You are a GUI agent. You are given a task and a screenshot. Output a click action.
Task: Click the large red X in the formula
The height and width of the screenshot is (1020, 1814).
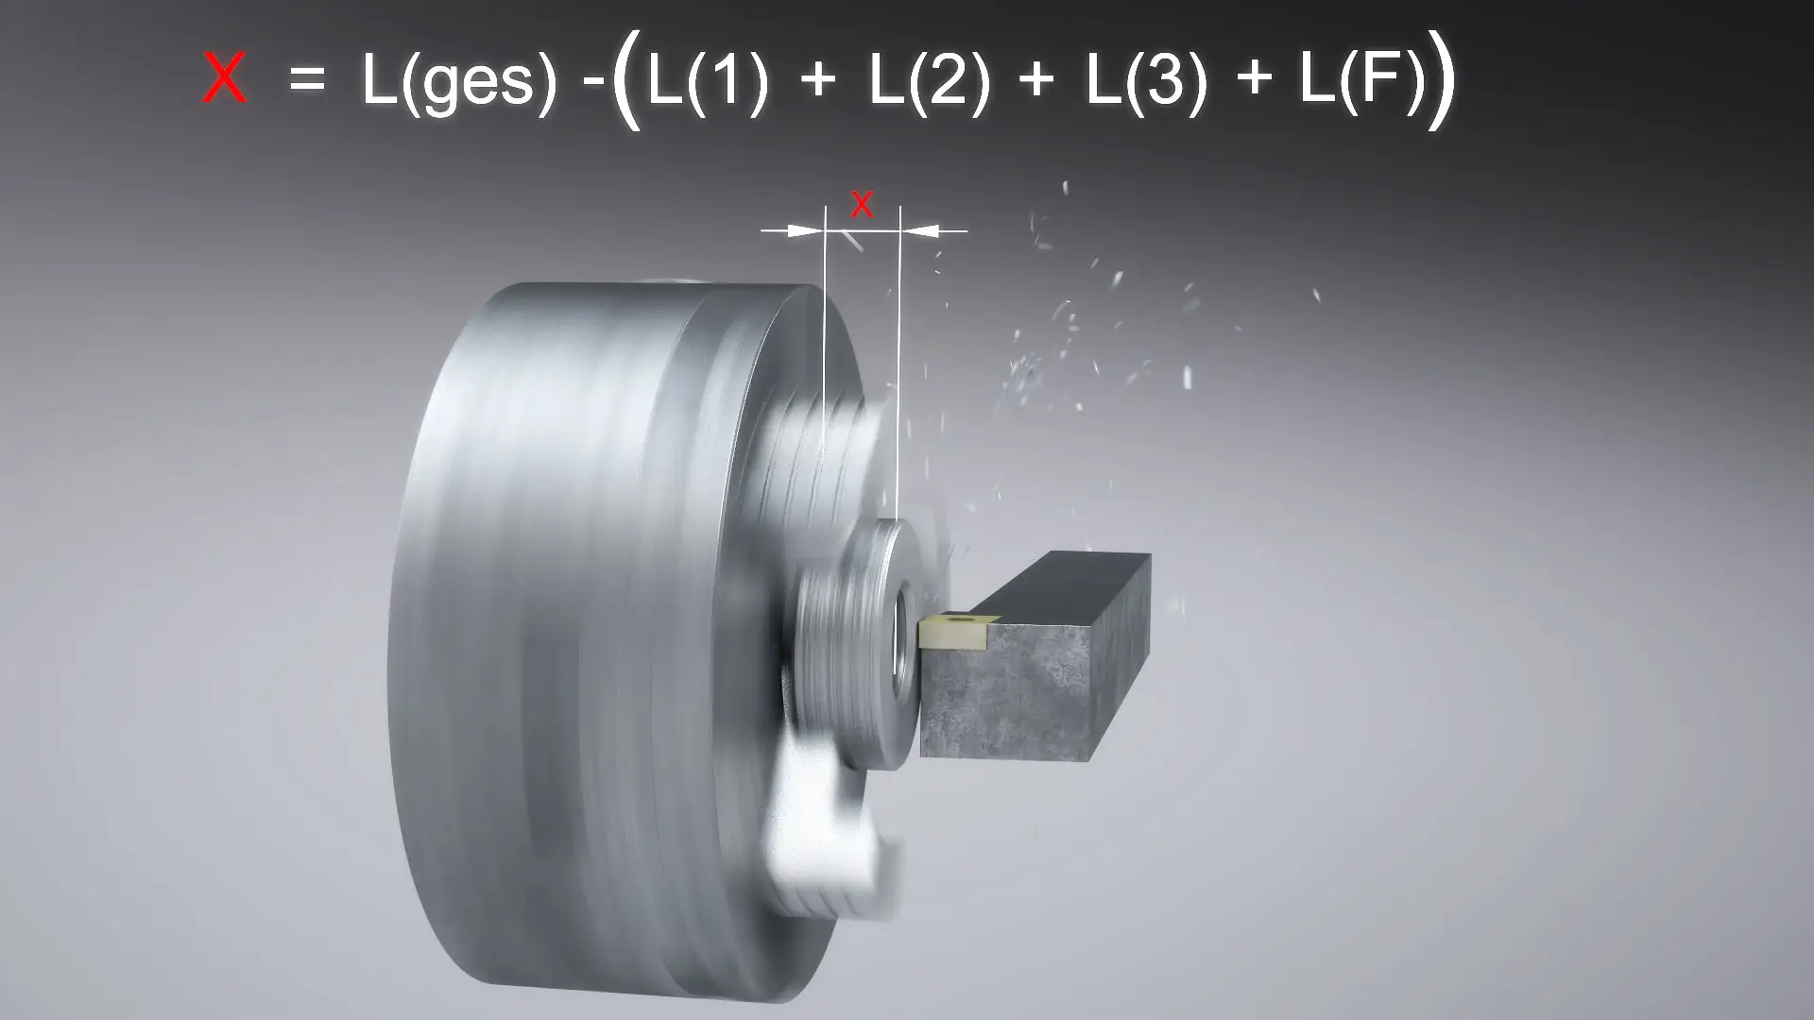point(226,79)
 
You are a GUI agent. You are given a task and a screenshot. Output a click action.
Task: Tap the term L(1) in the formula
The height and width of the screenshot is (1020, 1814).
point(708,82)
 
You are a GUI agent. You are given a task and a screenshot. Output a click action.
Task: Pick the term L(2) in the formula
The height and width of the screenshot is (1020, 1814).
point(929,82)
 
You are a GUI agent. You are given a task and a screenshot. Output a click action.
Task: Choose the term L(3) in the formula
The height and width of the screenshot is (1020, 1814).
point(1146,82)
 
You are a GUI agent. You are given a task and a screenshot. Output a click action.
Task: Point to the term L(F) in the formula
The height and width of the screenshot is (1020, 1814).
point(1361,82)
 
